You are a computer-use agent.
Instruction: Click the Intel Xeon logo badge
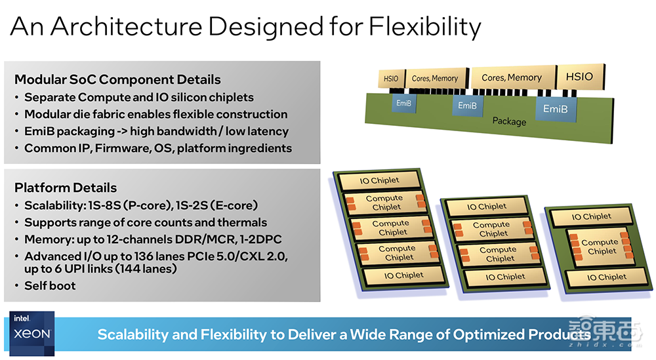31,333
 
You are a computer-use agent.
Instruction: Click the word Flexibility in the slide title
425,27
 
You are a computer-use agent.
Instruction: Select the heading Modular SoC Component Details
117,79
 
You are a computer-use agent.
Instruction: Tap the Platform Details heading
66,188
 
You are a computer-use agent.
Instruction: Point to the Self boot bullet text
51,286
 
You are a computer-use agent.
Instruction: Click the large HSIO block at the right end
581,77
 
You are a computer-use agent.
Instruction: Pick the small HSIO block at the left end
392,79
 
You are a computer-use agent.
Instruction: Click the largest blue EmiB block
555,108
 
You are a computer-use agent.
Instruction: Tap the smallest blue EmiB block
403,103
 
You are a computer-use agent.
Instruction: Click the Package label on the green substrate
509,121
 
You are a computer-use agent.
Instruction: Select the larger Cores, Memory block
512,77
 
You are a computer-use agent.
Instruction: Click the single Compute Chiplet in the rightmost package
600,247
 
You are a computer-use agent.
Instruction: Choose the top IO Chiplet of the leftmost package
379,180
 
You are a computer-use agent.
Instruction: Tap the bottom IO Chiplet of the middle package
505,277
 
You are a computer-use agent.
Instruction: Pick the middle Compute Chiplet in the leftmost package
392,228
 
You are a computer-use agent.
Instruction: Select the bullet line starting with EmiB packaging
157,131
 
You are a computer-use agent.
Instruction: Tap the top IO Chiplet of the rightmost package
592,216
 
